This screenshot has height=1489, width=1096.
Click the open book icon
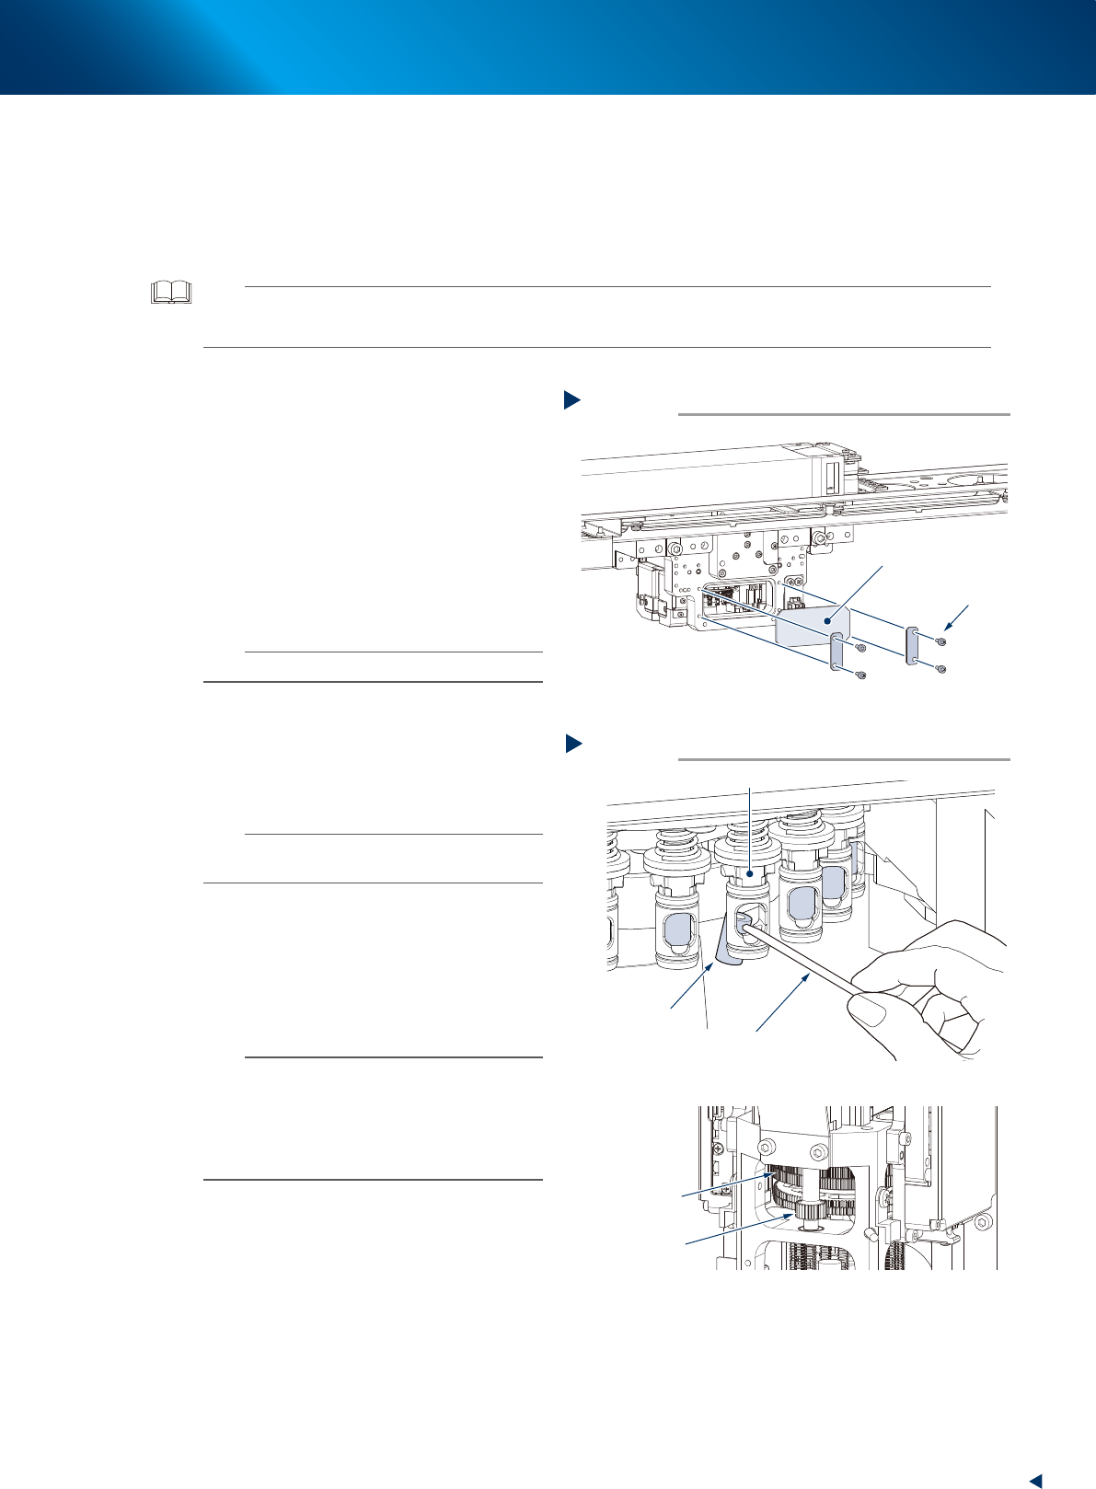pyautogui.click(x=171, y=293)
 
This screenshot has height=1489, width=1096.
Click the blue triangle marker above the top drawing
pyautogui.click(x=571, y=399)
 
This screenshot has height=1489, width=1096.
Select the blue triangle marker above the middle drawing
pyautogui.click(x=571, y=744)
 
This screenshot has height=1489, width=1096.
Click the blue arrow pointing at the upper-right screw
pyautogui.click(x=960, y=615)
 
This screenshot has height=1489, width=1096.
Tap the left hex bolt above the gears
pyautogui.click(x=767, y=1148)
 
